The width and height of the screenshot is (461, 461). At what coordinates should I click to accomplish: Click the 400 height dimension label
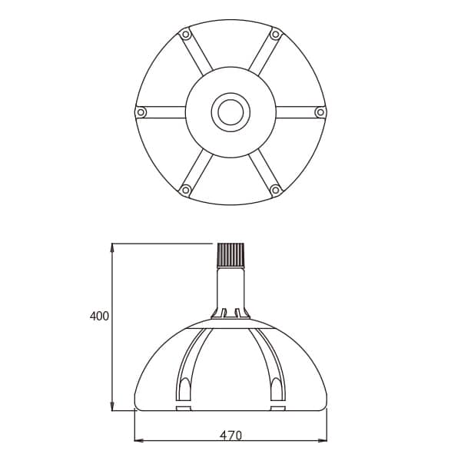(x=99, y=316)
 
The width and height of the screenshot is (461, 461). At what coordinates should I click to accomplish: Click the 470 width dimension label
(x=230, y=436)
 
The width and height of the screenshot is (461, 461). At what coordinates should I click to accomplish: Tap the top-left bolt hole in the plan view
(x=185, y=35)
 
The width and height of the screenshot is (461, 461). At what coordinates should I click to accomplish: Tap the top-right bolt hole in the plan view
(x=276, y=35)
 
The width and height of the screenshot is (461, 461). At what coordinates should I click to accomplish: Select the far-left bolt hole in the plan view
(x=141, y=112)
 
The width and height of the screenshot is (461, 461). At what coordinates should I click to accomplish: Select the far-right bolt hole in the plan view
(x=320, y=112)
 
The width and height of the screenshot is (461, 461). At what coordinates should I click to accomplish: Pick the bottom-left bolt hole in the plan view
(x=185, y=190)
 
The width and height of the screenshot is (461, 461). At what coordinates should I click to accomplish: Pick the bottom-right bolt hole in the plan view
(x=276, y=190)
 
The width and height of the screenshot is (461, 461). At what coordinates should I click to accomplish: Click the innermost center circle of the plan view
(x=230, y=112)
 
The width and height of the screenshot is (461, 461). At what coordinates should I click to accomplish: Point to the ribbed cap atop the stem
(x=230, y=255)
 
